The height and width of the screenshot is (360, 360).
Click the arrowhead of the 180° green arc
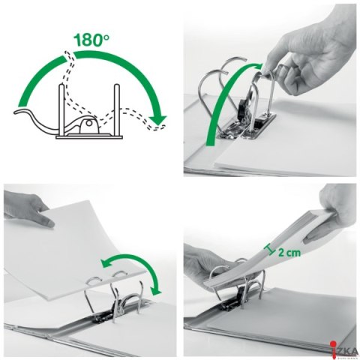[157, 119]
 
